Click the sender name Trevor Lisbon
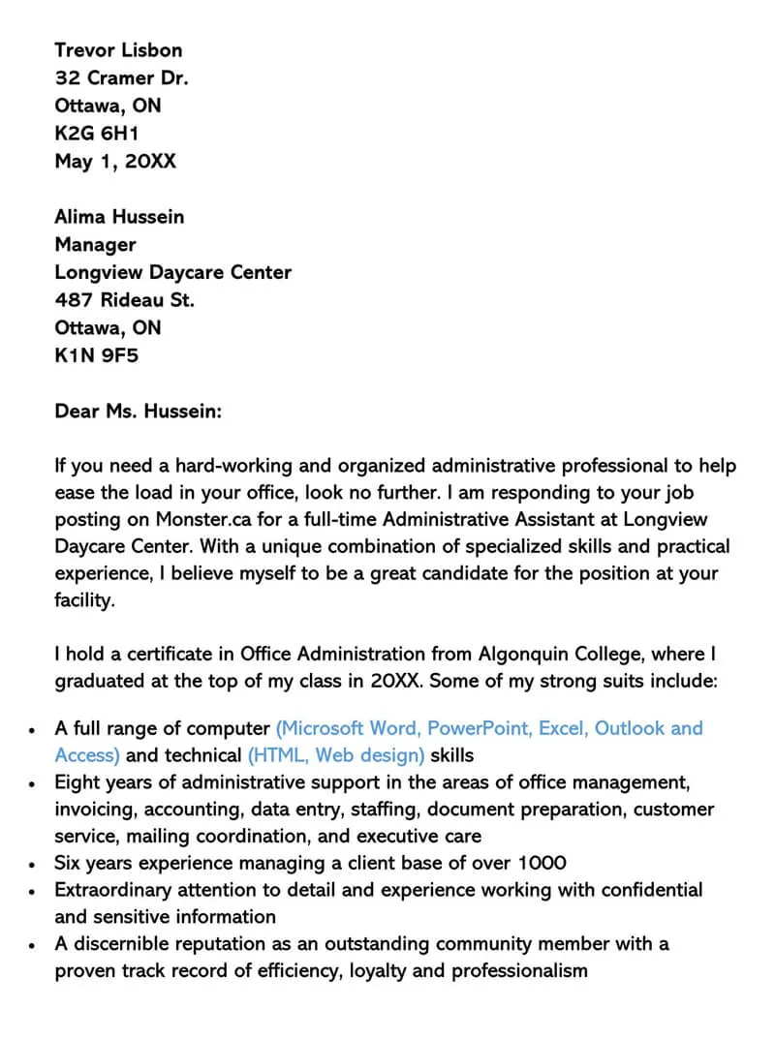[x=118, y=50]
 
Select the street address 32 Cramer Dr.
[x=121, y=78]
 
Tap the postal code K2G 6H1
[x=96, y=134]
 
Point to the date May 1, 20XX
[x=115, y=161]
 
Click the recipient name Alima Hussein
[x=119, y=217]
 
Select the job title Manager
[x=95, y=245]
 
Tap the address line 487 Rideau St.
[x=124, y=300]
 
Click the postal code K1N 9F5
[x=96, y=355]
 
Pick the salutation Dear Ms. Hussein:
[x=139, y=412]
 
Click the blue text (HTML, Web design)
[x=336, y=754]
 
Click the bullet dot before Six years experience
[x=33, y=864]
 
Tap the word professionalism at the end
[x=519, y=970]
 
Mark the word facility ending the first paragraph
[x=83, y=600]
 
